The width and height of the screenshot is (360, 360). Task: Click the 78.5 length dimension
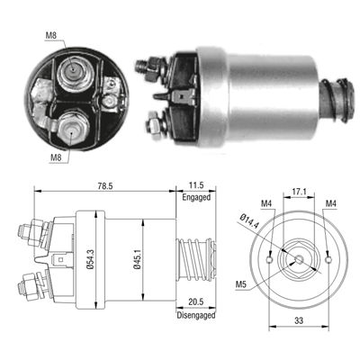click(105, 186)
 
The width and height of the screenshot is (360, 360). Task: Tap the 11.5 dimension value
click(196, 185)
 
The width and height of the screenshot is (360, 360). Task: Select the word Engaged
click(196, 197)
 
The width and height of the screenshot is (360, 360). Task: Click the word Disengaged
click(196, 315)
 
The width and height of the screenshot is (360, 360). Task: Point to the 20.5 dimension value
click(196, 301)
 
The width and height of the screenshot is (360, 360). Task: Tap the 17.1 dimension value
click(299, 191)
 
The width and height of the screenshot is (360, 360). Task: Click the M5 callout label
click(240, 284)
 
